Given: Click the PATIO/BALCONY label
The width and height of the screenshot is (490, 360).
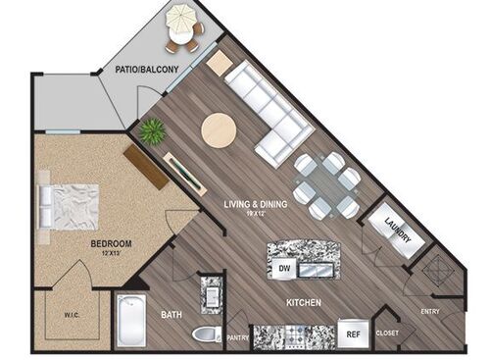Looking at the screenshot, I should (146, 70).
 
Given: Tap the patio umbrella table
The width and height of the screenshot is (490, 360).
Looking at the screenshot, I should (182, 26).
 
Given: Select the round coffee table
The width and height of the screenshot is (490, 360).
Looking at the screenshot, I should (219, 129).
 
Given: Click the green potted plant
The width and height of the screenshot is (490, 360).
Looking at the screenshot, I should (152, 131).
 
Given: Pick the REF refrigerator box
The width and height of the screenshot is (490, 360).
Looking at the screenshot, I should (352, 333).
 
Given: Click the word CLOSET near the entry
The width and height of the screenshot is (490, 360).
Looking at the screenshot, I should (387, 333).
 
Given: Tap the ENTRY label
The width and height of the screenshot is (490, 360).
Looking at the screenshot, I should (431, 311).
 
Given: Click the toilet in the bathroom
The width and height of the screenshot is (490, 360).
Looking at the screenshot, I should (207, 334).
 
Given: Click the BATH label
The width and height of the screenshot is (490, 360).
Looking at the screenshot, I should (171, 315).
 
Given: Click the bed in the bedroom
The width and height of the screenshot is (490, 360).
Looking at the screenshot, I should (70, 206).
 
